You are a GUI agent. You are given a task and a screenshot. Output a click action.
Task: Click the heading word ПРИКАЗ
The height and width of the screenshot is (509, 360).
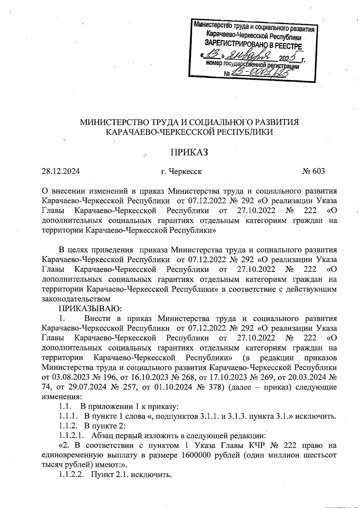click(189, 152)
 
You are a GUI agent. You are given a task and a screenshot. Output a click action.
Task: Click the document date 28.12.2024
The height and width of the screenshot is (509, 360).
click(61, 171)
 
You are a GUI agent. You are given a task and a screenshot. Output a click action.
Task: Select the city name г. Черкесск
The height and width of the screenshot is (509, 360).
click(181, 172)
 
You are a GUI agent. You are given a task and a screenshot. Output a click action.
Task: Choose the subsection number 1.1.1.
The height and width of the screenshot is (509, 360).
click(68, 416)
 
